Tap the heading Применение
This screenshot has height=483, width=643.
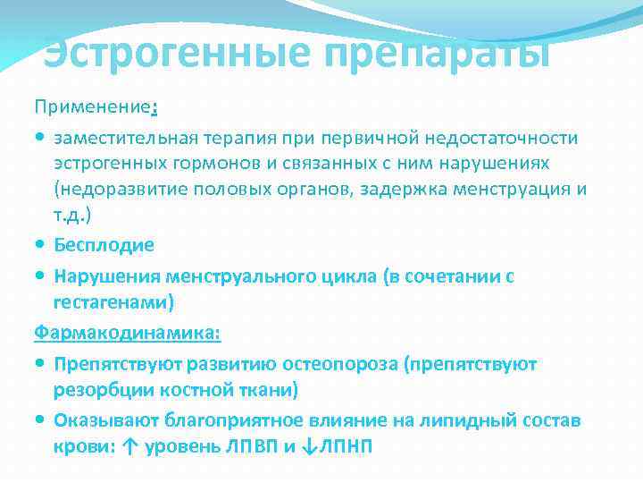pos(92,108)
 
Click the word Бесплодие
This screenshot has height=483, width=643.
pos(104,245)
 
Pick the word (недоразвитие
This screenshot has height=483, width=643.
pos(116,191)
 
